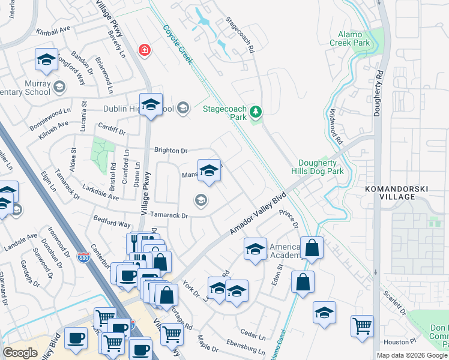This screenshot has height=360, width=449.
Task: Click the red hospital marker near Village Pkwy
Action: pyautogui.click(x=144, y=50)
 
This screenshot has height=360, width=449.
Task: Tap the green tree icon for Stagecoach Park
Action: pyautogui.click(x=256, y=111)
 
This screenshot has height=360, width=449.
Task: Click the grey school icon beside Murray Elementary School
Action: pyautogui.click(x=59, y=88)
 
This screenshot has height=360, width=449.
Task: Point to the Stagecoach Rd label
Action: pyautogui.click(x=241, y=35)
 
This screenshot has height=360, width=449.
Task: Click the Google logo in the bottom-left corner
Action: pyautogui.click(x=20, y=353)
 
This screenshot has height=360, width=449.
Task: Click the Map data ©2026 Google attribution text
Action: pyautogui.click(x=412, y=355)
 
